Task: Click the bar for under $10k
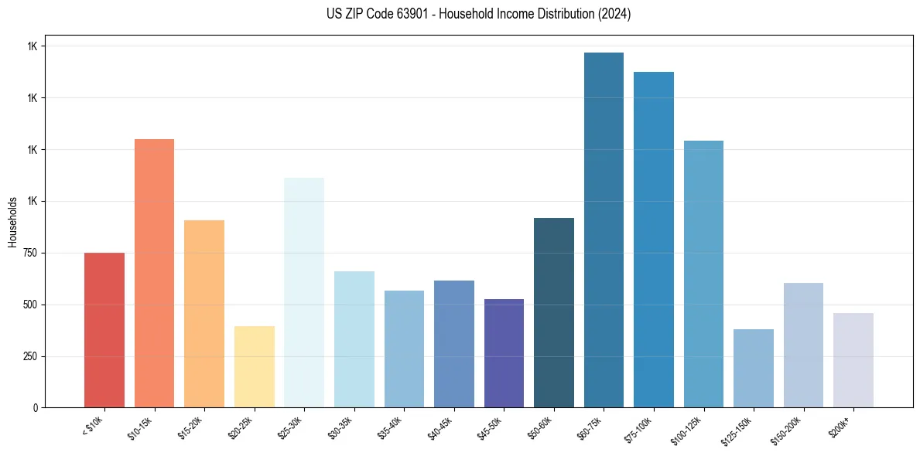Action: coord(104,330)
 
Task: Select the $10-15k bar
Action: coord(154,273)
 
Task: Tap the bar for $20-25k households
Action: coord(254,366)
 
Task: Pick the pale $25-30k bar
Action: coord(304,292)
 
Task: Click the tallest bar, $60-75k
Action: coord(604,230)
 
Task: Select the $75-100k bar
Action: coord(654,240)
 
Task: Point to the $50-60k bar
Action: coord(554,312)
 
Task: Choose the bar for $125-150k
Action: coord(754,368)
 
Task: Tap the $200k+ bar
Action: coord(853,360)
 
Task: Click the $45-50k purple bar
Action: coord(504,353)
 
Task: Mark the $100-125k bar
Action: coord(703,274)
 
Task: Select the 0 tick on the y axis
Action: coord(36,408)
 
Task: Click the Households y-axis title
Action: coord(12,222)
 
